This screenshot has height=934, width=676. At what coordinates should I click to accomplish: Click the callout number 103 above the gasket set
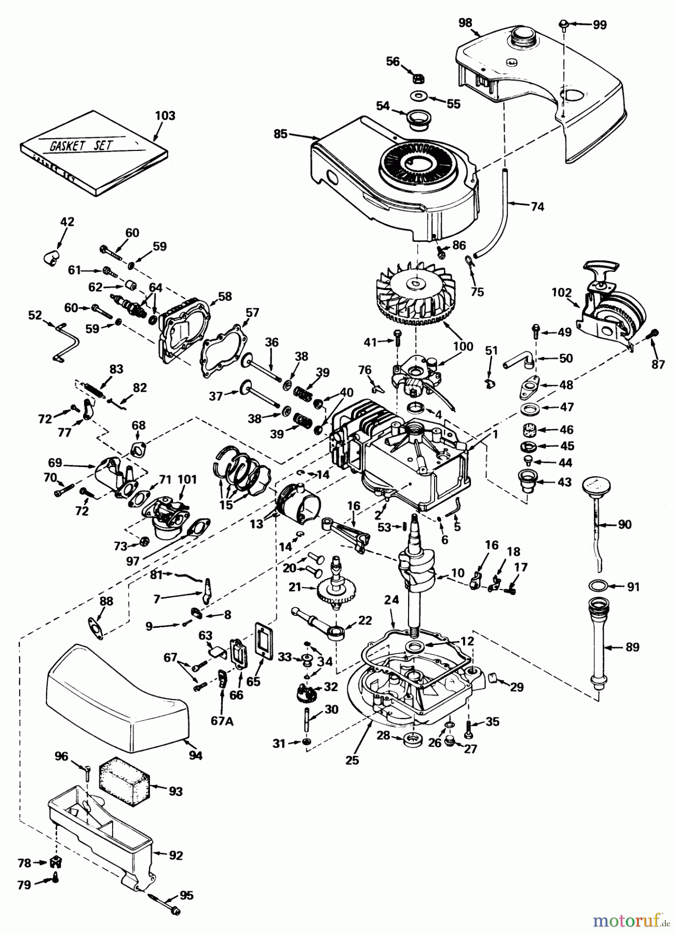[x=165, y=115]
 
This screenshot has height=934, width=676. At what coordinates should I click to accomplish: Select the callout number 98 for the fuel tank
[x=466, y=23]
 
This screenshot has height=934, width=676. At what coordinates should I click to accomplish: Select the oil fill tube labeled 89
[x=600, y=646]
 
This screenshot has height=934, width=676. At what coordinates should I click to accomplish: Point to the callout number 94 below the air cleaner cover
[x=195, y=756]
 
